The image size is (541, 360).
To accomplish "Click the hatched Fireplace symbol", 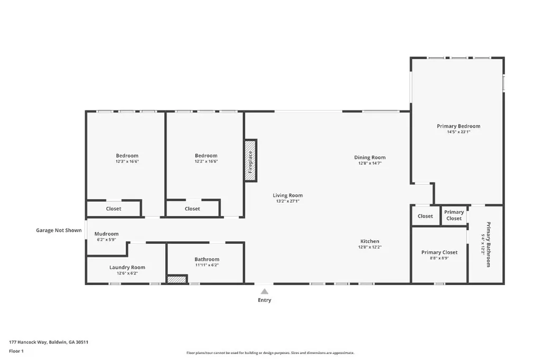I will click(250, 161).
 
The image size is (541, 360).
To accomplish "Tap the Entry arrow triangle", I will click(264, 290).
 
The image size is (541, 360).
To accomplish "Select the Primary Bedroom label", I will click(458, 126).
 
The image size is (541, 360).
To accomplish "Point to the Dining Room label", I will click(369, 157).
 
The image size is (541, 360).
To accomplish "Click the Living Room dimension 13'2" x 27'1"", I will click(287, 201).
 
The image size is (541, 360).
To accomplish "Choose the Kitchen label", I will click(369, 241).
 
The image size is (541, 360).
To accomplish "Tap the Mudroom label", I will click(106, 234).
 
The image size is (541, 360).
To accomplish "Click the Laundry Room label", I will click(127, 267).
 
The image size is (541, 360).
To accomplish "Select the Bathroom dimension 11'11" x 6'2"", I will click(207, 265).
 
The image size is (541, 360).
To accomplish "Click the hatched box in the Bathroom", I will click(177, 279).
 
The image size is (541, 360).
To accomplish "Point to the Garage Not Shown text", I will click(59, 230).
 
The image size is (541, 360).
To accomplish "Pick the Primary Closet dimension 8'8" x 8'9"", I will click(439, 258).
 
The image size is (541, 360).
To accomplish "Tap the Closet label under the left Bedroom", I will click(114, 209).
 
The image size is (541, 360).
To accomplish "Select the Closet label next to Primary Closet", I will click(425, 216).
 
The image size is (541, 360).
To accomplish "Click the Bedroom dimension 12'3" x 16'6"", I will click(127, 162).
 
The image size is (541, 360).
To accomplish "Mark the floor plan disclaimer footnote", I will click(270, 353).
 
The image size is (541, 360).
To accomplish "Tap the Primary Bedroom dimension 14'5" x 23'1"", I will click(458, 132).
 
